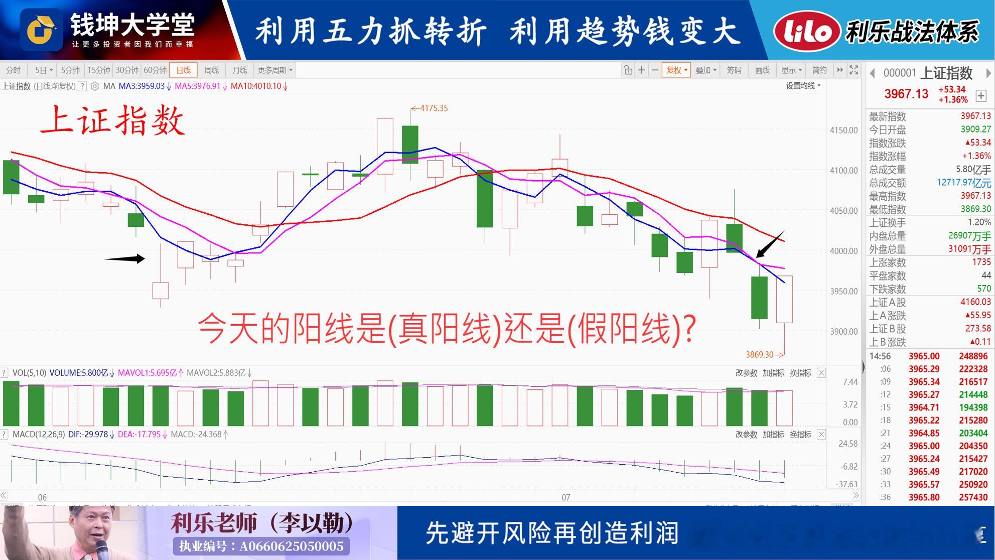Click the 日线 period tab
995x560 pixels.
tap(183, 70)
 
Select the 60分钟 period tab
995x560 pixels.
tap(155, 70)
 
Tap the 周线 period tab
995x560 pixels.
tap(211, 70)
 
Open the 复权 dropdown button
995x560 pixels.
tap(676, 70)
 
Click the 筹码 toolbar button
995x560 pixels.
tap(734, 70)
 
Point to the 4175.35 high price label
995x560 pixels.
tap(430, 108)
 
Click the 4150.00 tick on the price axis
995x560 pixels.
tap(844, 130)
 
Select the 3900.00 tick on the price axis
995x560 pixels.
tap(844, 331)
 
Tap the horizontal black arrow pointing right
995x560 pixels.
tap(124, 259)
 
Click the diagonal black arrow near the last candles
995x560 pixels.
tap(770, 244)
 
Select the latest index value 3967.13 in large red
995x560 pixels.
tap(906, 94)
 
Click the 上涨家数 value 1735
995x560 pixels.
tap(981, 262)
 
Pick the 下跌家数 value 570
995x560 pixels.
tap(984, 289)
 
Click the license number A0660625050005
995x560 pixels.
tap(292, 546)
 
